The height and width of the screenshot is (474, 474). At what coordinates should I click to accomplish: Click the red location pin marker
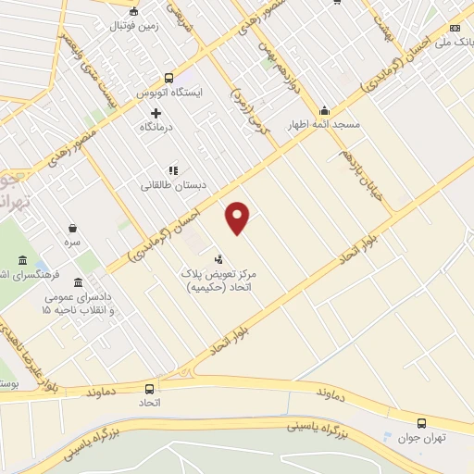(x=239, y=217)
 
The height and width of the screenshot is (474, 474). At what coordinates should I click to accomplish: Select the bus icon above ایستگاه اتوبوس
(x=168, y=79)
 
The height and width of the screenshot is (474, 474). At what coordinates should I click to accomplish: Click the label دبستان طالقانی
(x=173, y=185)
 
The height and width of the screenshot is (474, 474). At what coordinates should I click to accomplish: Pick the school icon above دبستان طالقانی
(x=172, y=169)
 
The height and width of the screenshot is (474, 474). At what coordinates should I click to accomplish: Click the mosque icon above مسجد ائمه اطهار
(x=324, y=108)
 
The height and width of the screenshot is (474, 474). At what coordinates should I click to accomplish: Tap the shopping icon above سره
(x=72, y=227)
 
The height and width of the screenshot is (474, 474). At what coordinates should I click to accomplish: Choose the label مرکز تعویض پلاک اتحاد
(x=220, y=281)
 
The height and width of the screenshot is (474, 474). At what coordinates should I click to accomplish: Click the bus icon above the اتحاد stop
(x=150, y=389)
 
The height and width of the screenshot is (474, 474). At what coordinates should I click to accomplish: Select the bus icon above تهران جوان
(x=422, y=419)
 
